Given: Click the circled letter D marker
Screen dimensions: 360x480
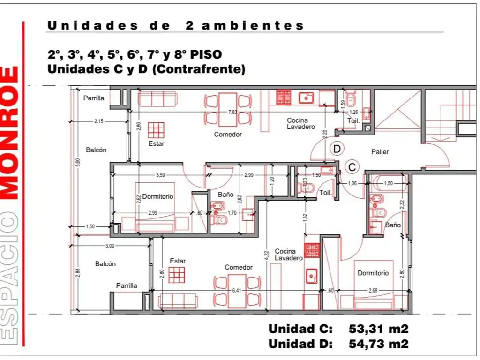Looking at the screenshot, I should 337,149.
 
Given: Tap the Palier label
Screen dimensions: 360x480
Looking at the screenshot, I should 380,152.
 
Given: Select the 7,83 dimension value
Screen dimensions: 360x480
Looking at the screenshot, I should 232,112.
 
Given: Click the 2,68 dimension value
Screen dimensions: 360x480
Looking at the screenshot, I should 373,290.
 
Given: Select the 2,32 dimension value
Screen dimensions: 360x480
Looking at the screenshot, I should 403,205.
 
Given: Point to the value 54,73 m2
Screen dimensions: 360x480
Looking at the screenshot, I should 379,344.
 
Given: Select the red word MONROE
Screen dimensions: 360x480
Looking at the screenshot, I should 10,134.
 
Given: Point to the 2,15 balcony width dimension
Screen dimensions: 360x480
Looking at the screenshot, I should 99,121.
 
